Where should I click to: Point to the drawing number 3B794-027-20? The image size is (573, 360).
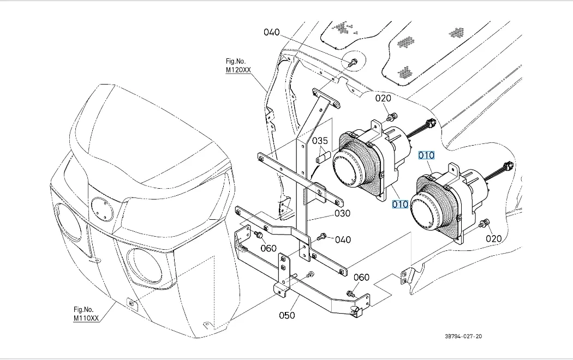point(463,336)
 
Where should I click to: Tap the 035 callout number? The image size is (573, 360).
point(320,141)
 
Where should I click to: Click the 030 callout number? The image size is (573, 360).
point(342,213)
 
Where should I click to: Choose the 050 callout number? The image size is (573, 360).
point(286,315)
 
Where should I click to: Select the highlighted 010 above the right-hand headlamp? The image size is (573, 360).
point(426,155)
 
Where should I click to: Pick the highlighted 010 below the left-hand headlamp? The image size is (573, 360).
point(400,205)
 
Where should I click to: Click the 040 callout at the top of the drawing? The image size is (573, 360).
point(272,32)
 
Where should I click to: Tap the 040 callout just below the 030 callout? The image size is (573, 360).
point(343,239)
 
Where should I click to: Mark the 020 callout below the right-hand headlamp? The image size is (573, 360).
point(494,238)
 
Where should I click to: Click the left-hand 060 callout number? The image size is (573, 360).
point(268,248)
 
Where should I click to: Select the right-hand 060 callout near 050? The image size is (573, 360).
point(361,277)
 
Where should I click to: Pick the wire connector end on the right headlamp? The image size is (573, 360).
point(509,165)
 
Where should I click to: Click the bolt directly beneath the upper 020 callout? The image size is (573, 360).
point(391,116)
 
